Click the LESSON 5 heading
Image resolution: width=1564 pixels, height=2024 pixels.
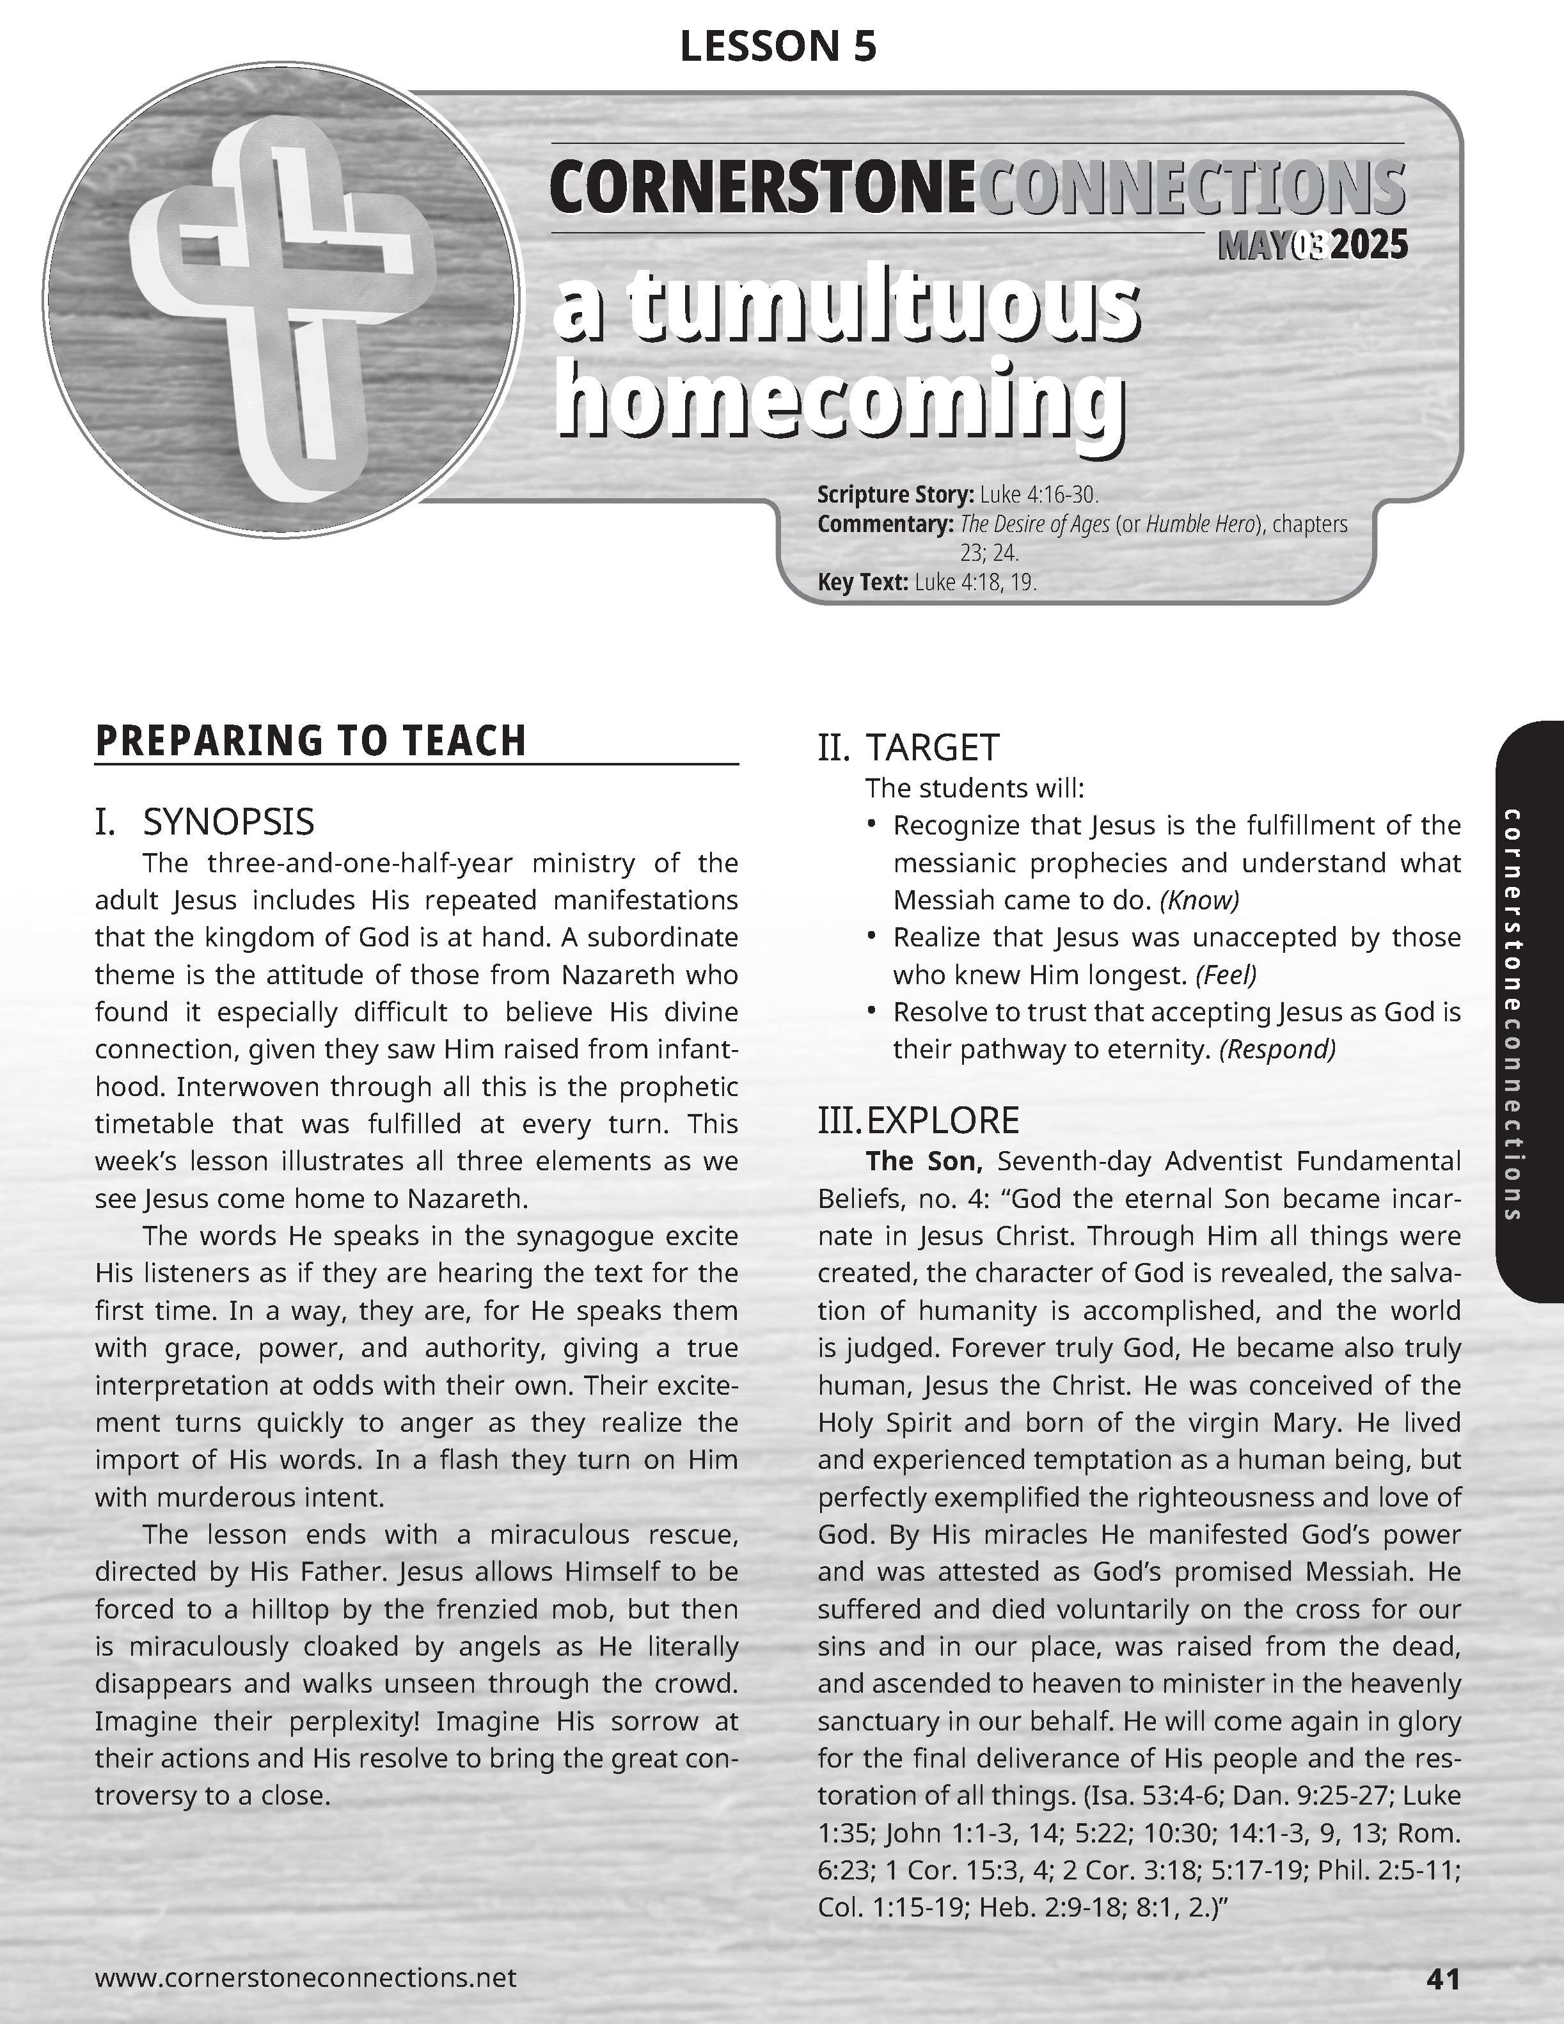[x=778, y=46]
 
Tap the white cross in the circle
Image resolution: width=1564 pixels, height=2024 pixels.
[x=278, y=297]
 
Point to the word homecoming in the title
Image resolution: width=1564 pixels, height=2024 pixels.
[x=839, y=401]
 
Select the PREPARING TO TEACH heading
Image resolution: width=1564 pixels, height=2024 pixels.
[x=311, y=741]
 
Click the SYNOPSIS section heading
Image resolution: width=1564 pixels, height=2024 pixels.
[x=228, y=822]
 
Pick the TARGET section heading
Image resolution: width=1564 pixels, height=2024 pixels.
[x=932, y=747]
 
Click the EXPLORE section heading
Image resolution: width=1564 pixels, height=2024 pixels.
[x=942, y=1120]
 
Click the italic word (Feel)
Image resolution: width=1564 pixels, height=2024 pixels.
[x=1226, y=975]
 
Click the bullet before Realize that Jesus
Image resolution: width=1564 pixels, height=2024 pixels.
[x=871, y=936]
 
